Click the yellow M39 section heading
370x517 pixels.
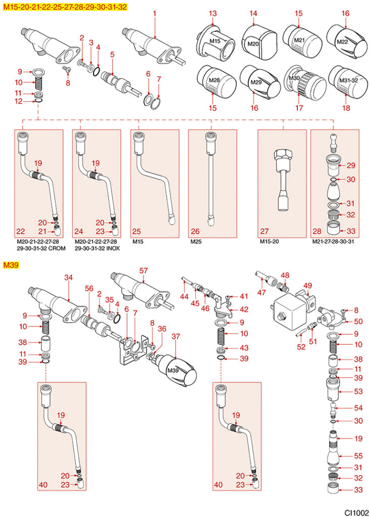[11, 265]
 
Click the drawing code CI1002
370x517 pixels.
[356, 511]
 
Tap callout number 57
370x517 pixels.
[144, 271]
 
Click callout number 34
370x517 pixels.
[68, 277]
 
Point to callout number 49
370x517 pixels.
[307, 285]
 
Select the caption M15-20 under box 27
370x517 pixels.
[268, 242]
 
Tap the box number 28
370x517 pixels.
[316, 231]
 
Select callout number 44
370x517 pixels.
[184, 296]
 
